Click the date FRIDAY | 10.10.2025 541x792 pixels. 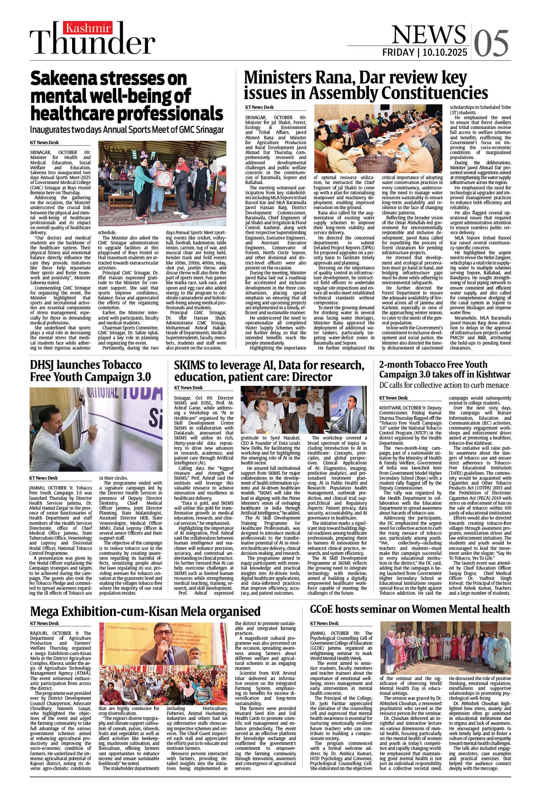(x=425, y=52)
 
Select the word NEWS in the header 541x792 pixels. (x=429, y=34)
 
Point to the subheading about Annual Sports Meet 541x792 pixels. (x=127, y=129)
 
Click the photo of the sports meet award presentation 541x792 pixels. (x=156, y=183)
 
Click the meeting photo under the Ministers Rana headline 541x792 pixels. (x=378, y=138)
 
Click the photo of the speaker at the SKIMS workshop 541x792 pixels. (x=304, y=410)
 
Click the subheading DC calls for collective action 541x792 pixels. (x=444, y=385)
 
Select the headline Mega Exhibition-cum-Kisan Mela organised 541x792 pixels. (x=145, y=611)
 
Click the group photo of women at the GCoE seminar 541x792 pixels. (x=445, y=647)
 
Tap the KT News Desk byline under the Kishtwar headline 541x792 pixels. (x=393, y=398)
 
